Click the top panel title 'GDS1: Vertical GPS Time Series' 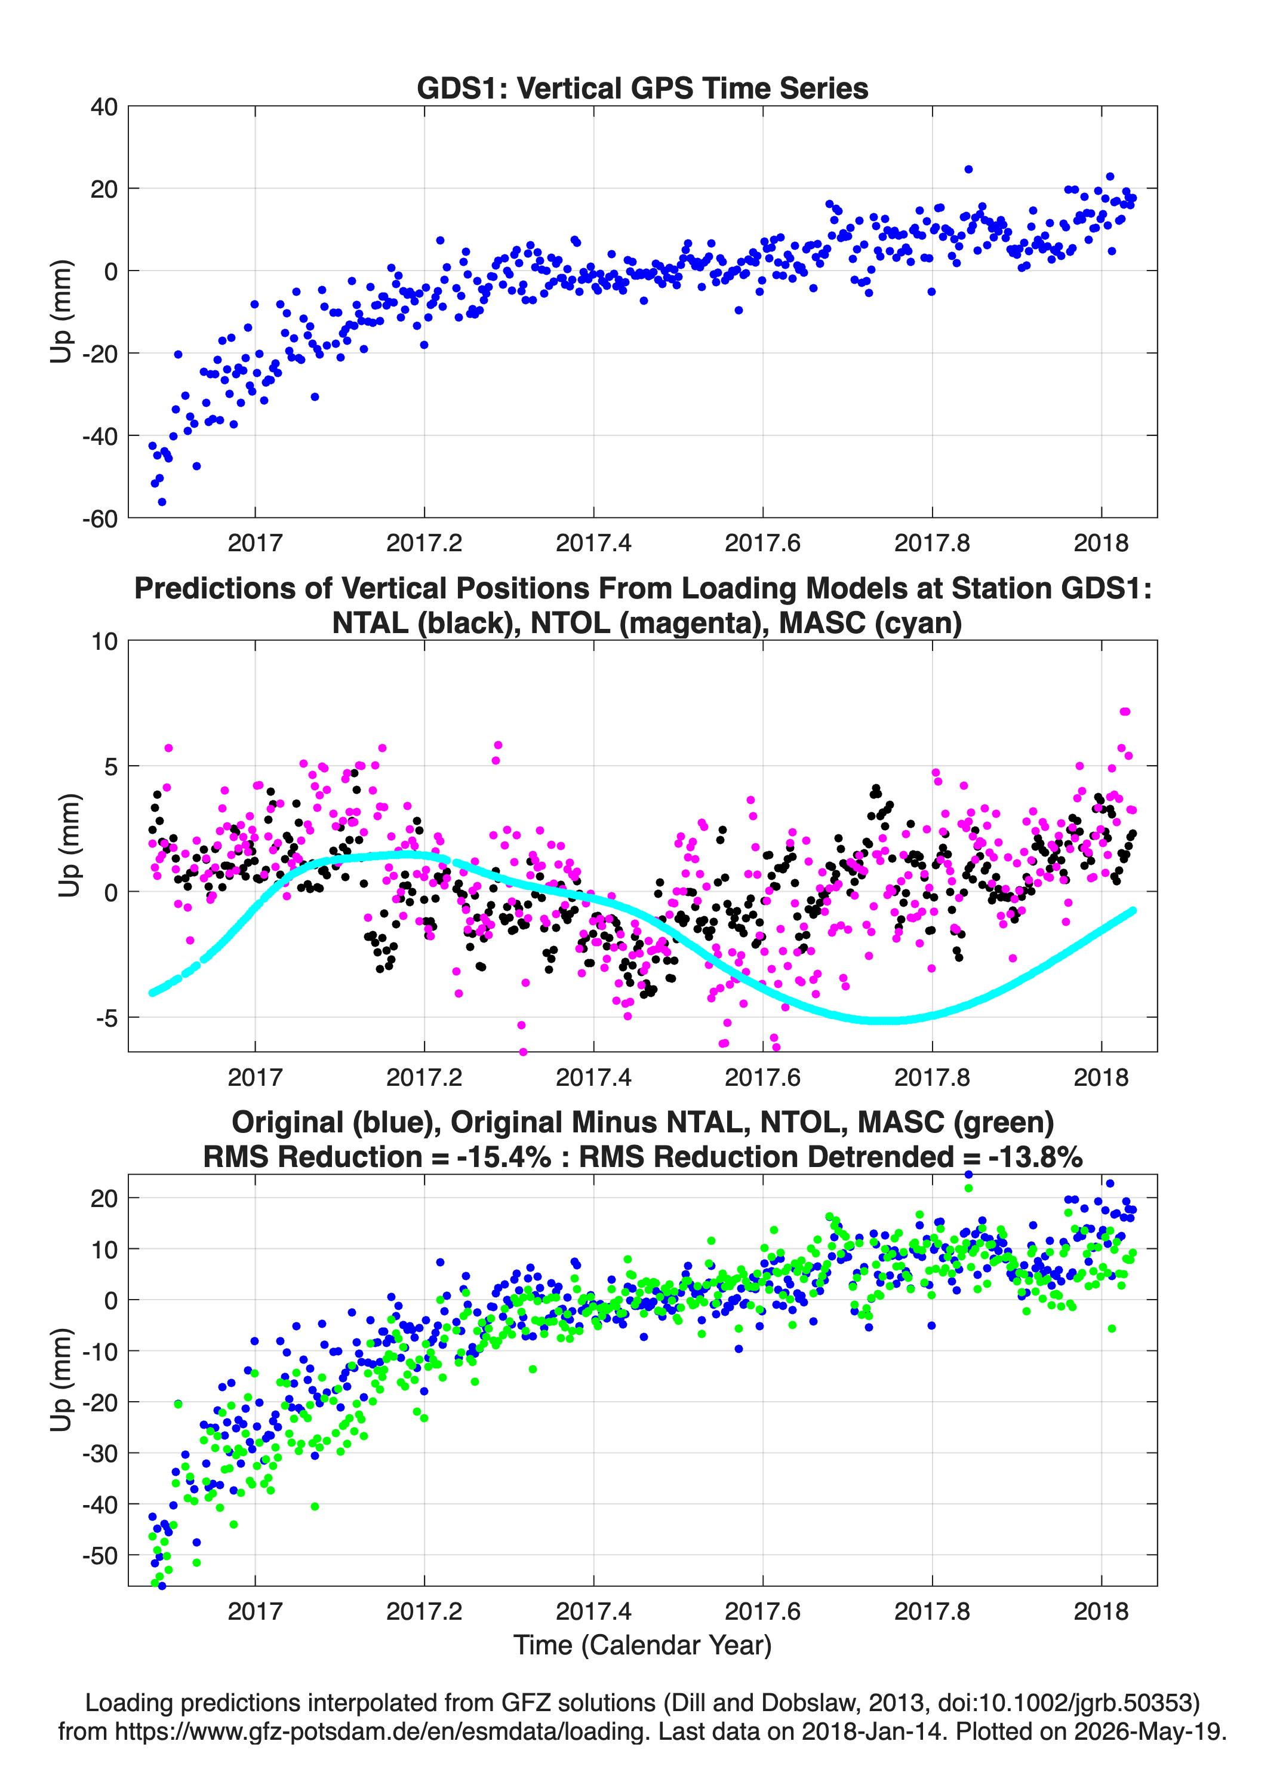point(642,88)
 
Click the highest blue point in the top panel point(968,170)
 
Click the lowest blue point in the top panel point(162,502)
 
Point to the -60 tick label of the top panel point(100,519)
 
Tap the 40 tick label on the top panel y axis point(104,107)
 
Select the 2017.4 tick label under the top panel point(593,543)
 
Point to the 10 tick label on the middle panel point(104,641)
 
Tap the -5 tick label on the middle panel point(107,1018)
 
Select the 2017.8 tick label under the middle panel point(932,1077)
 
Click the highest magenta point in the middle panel point(1124,711)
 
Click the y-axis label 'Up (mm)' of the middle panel point(69,846)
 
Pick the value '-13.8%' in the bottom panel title point(1035,1157)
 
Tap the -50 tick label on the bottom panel point(100,1556)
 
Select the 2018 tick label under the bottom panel point(1101,1611)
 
